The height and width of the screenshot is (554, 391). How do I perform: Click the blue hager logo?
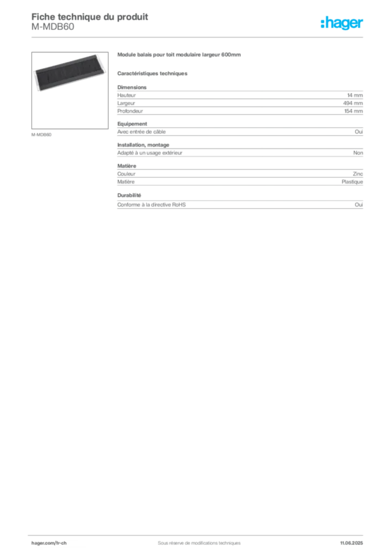click(x=342, y=24)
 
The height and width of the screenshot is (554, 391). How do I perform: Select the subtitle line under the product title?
click(x=153, y=73)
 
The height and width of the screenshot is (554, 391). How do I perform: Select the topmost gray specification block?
click(x=240, y=100)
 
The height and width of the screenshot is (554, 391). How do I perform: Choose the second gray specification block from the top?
click(x=240, y=132)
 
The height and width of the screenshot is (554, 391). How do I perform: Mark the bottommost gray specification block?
click(x=240, y=205)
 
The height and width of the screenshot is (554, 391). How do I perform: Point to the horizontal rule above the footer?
click(x=199, y=533)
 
